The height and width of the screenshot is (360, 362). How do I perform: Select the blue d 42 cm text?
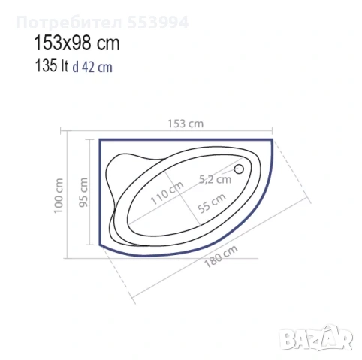(93, 66)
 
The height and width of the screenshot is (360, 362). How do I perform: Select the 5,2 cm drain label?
(215, 178)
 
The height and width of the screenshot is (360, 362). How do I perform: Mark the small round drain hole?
(241, 169)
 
